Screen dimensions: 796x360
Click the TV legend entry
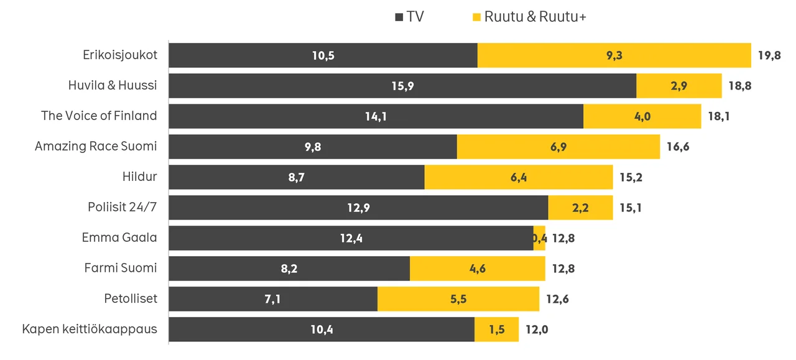point(409,17)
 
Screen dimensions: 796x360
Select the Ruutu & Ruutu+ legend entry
point(529,17)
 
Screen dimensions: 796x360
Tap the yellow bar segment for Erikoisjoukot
point(614,55)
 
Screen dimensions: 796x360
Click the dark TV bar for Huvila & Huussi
point(402,86)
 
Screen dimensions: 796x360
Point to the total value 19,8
point(769,55)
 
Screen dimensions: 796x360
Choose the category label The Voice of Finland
point(99,116)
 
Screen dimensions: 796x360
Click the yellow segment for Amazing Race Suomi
point(558,146)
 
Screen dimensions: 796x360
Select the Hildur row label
point(140,177)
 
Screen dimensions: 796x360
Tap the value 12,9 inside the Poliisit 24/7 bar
point(358,208)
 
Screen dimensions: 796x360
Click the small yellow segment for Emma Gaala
point(539,238)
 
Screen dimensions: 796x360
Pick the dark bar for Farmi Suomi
point(289,269)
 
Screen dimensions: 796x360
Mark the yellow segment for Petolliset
point(458,299)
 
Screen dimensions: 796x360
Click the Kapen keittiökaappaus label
point(90,329)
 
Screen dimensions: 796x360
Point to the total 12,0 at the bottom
point(537,330)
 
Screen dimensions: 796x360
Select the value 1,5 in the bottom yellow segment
point(497,330)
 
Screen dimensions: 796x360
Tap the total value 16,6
point(678,146)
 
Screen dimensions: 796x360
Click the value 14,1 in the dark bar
point(376,116)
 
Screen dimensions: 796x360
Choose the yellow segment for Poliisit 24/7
point(580,208)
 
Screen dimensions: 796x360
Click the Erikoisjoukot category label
point(120,55)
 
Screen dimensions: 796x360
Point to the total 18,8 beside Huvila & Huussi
point(740,86)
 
